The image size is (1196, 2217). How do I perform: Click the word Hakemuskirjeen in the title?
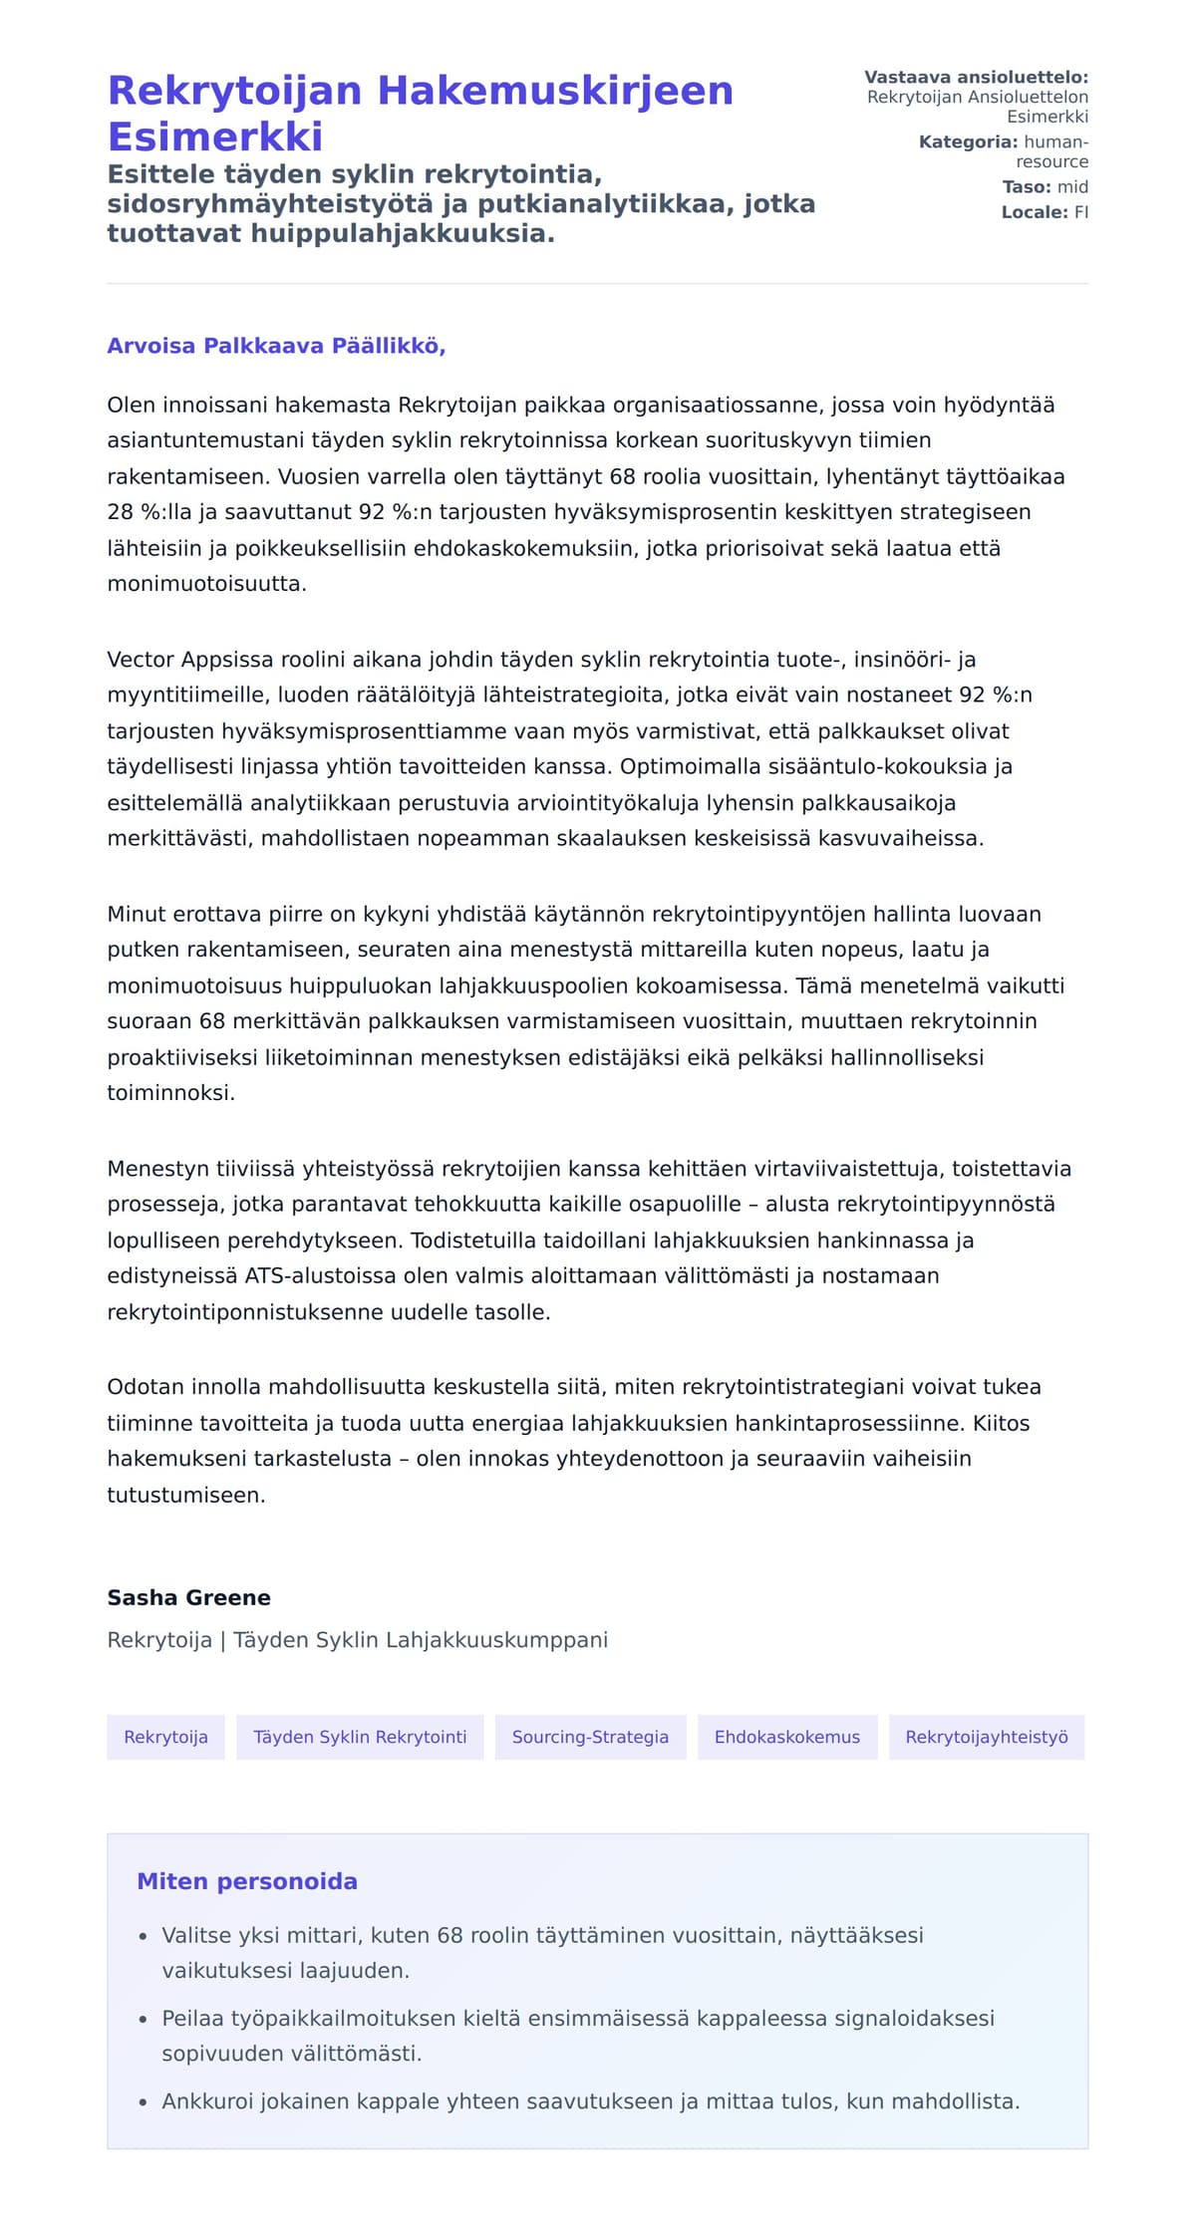click(555, 91)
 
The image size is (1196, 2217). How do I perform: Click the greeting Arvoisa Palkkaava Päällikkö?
click(276, 346)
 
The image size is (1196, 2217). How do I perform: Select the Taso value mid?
click(1072, 187)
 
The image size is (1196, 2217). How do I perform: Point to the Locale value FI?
click(1080, 212)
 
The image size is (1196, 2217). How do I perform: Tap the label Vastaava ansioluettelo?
click(976, 78)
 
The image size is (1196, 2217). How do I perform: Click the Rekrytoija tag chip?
click(165, 1737)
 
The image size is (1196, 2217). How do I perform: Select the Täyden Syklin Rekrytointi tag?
click(360, 1737)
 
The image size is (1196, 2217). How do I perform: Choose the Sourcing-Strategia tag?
click(590, 1737)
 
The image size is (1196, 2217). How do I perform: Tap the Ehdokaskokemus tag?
click(786, 1737)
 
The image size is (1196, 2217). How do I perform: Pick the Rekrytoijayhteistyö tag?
click(986, 1737)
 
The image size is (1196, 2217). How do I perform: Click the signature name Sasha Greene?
click(188, 1597)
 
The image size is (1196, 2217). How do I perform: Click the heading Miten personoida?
click(246, 1881)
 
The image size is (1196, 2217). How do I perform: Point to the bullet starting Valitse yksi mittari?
click(542, 1935)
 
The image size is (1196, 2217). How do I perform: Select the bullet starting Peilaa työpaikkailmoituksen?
click(577, 2018)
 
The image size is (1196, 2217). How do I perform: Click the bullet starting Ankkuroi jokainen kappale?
click(590, 2101)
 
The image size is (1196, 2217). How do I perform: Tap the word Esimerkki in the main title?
click(215, 137)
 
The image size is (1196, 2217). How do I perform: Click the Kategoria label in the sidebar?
click(968, 142)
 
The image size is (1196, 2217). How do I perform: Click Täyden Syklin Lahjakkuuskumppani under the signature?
click(420, 1640)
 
